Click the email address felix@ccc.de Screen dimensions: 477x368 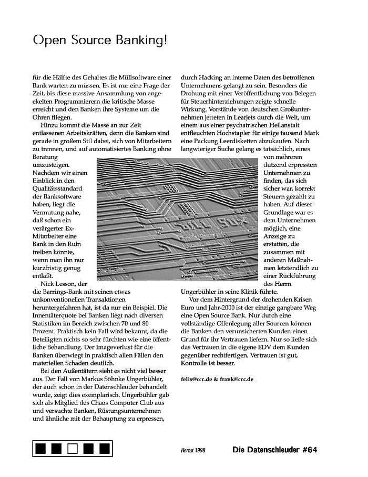click(199, 379)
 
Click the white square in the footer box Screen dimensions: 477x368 click(73, 449)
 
